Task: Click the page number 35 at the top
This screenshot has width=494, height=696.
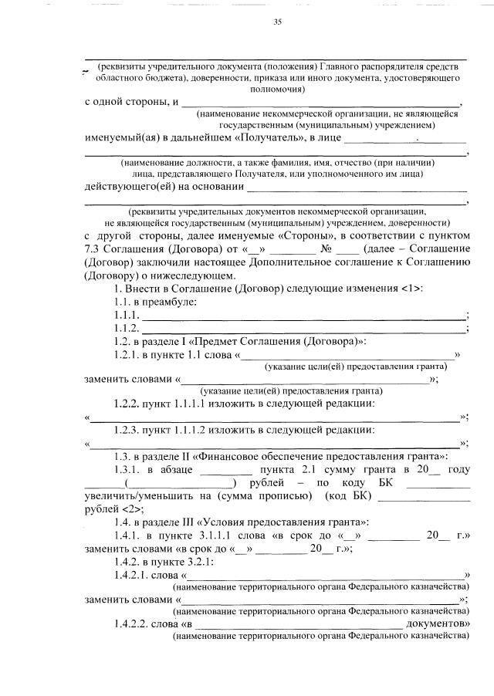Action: click(277, 22)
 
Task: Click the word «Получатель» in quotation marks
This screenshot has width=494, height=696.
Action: click(267, 138)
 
